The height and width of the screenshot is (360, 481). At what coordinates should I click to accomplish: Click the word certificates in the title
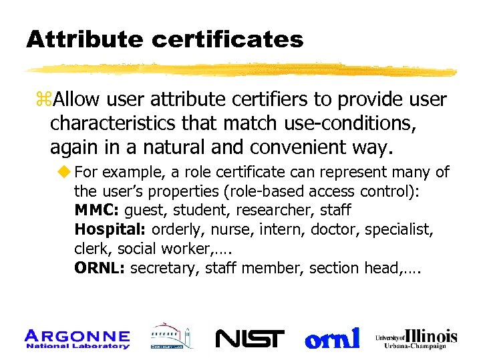point(227,40)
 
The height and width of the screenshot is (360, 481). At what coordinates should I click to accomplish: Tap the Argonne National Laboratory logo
point(77,339)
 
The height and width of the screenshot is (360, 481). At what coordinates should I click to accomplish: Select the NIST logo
point(250,339)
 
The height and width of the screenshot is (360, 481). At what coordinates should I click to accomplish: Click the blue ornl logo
point(332,338)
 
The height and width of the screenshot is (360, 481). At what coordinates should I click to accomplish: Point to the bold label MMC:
point(97,211)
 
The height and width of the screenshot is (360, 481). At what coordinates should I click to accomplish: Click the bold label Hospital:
point(111,230)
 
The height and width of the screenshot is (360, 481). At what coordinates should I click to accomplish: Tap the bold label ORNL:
point(100,268)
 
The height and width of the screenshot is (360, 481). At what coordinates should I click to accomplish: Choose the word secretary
point(164,268)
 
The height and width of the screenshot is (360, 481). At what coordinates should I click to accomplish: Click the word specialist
point(406,230)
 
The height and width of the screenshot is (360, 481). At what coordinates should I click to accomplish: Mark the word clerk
point(91,249)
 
